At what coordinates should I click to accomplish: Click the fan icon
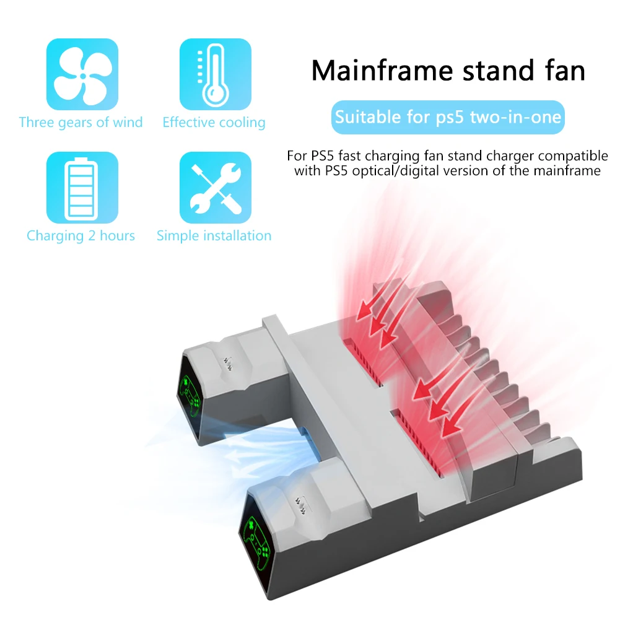pyautogui.click(x=82, y=74)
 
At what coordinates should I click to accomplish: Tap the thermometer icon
pyautogui.click(x=215, y=74)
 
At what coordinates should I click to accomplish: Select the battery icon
pyautogui.click(x=82, y=188)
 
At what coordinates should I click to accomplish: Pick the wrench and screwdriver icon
pyautogui.click(x=215, y=188)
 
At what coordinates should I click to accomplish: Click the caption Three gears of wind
pyautogui.click(x=81, y=122)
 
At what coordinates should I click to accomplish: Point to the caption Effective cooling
pyautogui.click(x=214, y=123)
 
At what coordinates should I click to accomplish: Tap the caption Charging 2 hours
pyautogui.click(x=81, y=236)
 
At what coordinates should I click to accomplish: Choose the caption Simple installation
pyautogui.click(x=214, y=236)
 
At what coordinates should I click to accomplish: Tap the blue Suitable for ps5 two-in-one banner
pyautogui.click(x=448, y=117)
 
